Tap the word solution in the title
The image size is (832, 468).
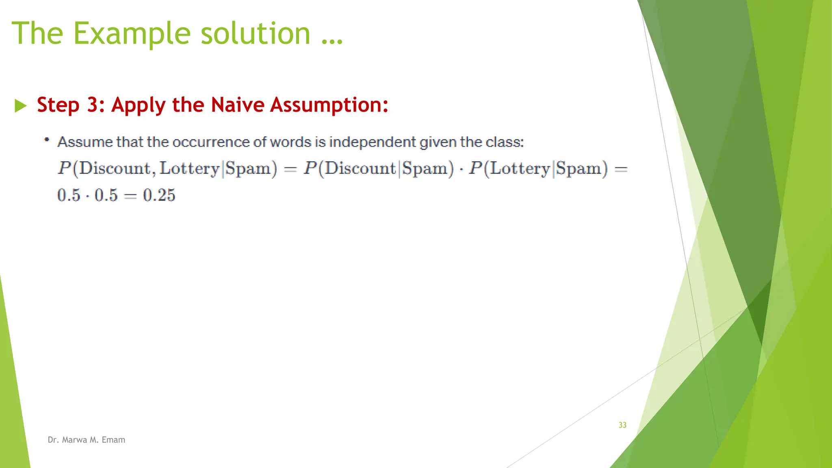[x=256, y=33]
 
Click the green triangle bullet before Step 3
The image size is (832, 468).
[x=20, y=106]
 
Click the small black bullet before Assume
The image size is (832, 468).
[x=47, y=140]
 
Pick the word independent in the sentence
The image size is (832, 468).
[x=373, y=142]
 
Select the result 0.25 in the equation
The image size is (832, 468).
[x=159, y=195]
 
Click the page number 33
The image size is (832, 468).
[x=622, y=425]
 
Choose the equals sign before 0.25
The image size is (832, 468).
[x=130, y=196]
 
